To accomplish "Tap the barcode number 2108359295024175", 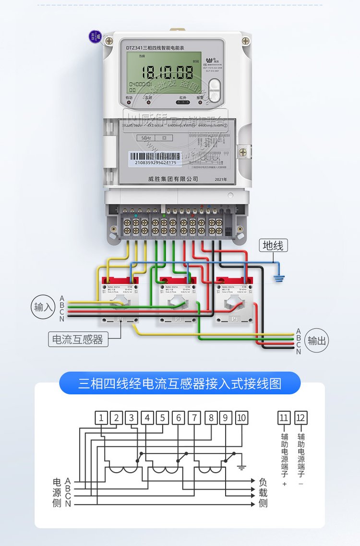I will [x=155, y=163].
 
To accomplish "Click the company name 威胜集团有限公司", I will [x=173, y=178].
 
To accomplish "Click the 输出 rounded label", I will [x=316, y=341].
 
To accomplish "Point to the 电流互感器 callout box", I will [x=78, y=340].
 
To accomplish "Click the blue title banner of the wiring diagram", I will [x=180, y=383].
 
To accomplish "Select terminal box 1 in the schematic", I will [x=101, y=418].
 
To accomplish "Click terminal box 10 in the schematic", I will [x=241, y=418].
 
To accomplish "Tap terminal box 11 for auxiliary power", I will [x=284, y=418].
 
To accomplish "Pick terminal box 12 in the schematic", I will [x=301, y=418].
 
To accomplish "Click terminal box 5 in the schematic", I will [x=163, y=418].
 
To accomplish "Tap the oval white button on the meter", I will [x=215, y=90].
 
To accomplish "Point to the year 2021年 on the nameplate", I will [x=221, y=179].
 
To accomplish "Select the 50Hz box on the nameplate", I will [x=145, y=137].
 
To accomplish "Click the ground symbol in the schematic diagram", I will [x=242, y=466].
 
